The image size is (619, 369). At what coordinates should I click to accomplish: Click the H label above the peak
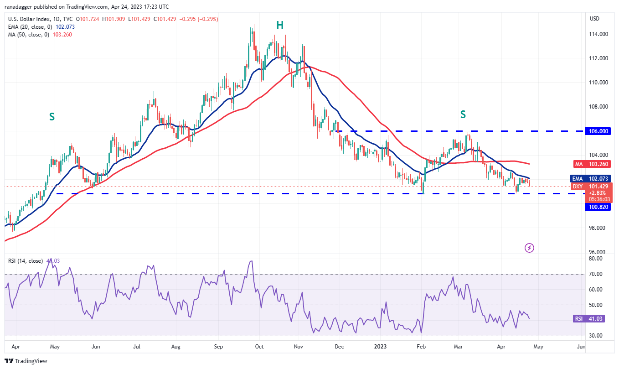[280, 26]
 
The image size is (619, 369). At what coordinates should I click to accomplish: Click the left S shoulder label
[52, 117]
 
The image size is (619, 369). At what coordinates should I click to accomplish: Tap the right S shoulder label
[463, 114]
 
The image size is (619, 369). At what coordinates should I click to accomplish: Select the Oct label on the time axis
[259, 347]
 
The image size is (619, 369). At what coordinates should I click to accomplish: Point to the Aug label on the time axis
[176, 347]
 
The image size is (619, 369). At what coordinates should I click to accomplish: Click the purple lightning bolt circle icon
[529, 248]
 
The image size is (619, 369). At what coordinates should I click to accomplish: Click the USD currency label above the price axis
[594, 19]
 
